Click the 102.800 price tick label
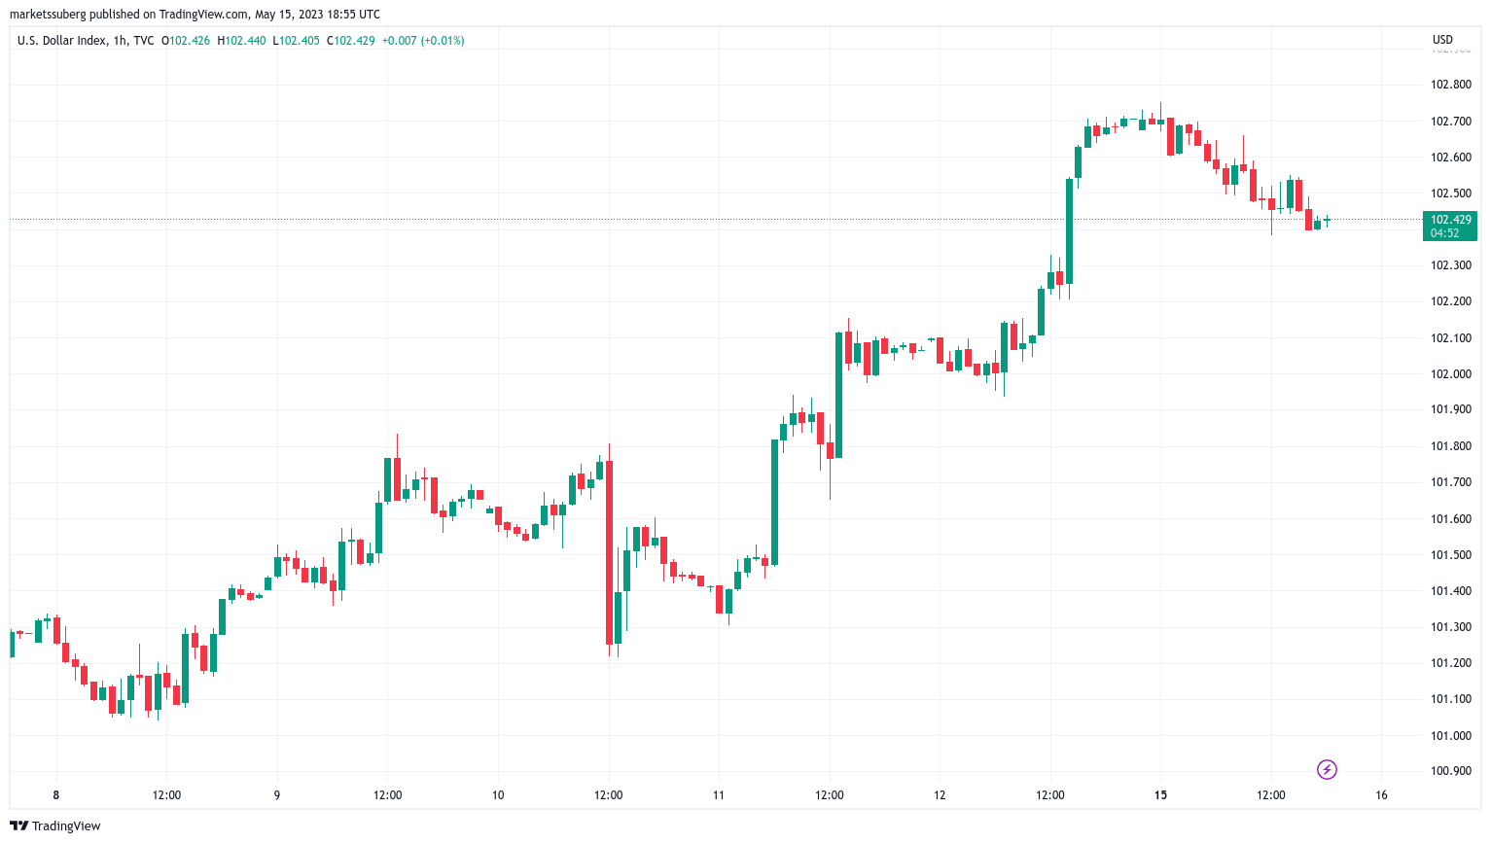(1450, 85)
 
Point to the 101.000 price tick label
(1450, 735)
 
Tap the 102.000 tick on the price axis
(1450, 373)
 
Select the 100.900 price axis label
(1450, 771)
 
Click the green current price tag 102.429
(1449, 226)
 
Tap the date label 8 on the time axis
(56, 795)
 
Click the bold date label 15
(1160, 795)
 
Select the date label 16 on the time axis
(1381, 795)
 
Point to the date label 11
(719, 795)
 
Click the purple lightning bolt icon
(1327, 770)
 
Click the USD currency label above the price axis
(1442, 40)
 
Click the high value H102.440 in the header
(241, 41)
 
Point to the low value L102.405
(296, 41)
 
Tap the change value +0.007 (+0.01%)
(422, 41)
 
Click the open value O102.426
(186, 41)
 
